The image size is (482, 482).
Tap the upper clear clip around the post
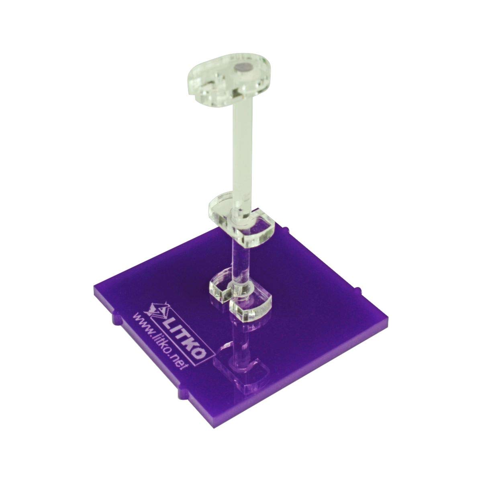click(x=241, y=219)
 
